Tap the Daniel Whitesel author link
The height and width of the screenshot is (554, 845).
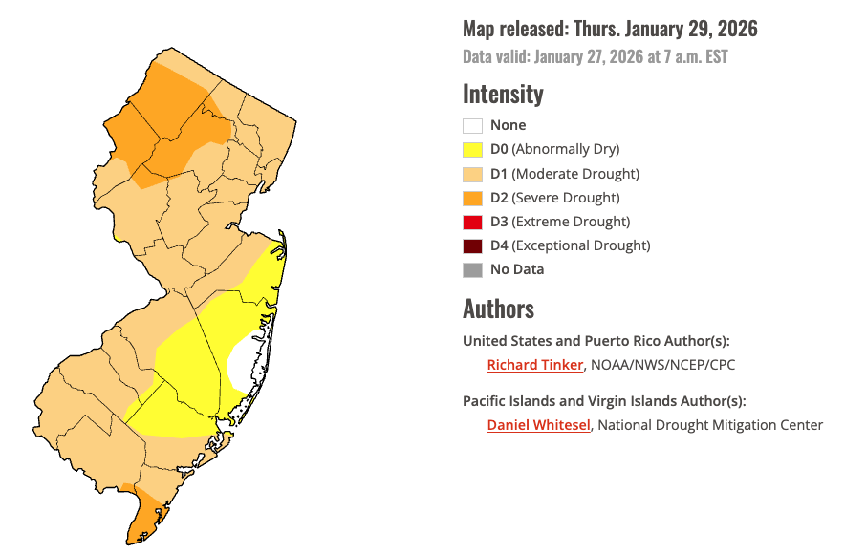[x=539, y=425]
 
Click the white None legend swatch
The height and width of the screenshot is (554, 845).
[x=472, y=125]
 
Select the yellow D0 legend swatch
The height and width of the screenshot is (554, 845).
[x=472, y=149]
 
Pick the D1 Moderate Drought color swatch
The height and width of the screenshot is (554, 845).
[x=472, y=174]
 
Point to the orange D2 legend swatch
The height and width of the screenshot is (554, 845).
[x=472, y=198]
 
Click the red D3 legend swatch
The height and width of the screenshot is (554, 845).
[x=472, y=222]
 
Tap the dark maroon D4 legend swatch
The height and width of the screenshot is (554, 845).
[x=472, y=245]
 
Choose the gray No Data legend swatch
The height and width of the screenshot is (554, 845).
[x=472, y=269]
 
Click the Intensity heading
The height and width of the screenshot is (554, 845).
[x=503, y=95]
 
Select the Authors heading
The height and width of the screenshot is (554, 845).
[x=498, y=309]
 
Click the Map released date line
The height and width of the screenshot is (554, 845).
[x=610, y=30]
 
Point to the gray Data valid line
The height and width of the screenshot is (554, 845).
[x=595, y=57]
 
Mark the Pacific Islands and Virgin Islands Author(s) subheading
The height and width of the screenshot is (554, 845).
[x=604, y=401]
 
